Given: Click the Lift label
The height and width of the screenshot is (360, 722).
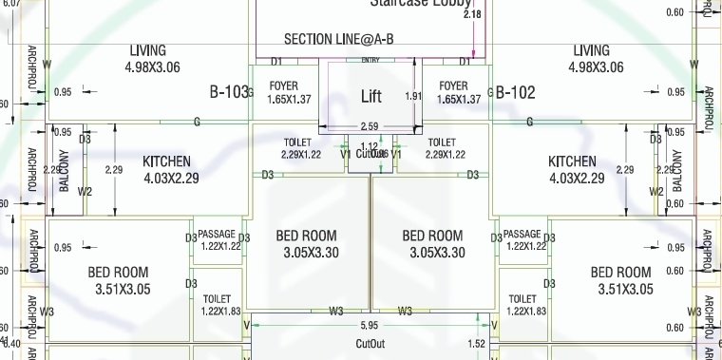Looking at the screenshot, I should click(371, 97).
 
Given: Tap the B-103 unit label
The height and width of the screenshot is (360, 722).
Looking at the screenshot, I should click(228, 92).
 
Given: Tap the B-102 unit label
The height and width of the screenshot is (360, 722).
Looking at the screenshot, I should click(516, 92).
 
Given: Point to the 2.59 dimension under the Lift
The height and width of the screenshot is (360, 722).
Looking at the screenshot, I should click(370, 126).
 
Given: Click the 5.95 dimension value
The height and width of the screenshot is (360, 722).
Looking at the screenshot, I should click(370, 324).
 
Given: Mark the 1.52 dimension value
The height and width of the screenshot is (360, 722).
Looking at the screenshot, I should click(478, 344).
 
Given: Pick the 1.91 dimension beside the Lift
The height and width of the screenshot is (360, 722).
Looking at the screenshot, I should click(412, 96).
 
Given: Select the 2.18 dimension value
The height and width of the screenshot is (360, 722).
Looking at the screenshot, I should click(471, 14).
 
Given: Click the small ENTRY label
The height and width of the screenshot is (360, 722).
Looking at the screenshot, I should click(370, 61).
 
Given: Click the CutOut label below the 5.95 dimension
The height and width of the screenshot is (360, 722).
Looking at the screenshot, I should click(370, 343).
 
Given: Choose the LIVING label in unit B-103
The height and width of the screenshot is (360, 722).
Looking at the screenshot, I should click(147, 50).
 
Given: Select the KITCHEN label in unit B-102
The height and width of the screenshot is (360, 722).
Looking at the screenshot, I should click(572, 161).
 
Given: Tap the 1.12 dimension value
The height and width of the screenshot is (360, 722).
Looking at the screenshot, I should click(370, 145).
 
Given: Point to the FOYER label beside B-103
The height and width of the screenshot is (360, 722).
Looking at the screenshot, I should click(289, 86).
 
